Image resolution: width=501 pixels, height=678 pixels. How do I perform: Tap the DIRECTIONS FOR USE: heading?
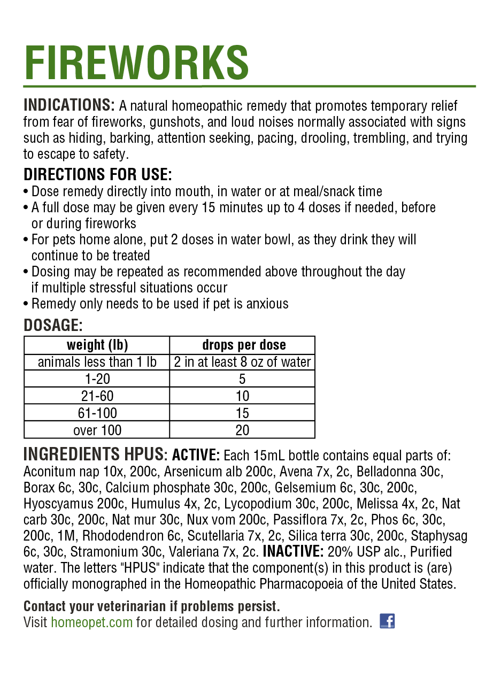(98, 174)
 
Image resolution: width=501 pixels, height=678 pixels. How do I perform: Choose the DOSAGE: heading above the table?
(53, 325)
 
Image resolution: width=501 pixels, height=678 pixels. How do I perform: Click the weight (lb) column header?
(97, 345)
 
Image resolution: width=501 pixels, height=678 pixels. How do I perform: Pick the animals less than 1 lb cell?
(97, 362)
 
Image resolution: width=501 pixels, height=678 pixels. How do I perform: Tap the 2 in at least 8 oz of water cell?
(242, 362)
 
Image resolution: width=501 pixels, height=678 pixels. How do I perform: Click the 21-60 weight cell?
(97, 396)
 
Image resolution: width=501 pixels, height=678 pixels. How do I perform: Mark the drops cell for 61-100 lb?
(242, 413)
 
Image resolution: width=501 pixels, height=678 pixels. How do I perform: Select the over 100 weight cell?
(97, 430)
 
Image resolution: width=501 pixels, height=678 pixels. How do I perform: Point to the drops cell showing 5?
(242, 379)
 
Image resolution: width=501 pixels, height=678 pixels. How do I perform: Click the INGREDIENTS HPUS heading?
(94, 454)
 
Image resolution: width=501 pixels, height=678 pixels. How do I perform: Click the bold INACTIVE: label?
(292, 552)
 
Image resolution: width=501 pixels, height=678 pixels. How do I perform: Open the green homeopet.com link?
(91, 622)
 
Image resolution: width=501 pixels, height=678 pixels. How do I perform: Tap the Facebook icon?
(387, 621)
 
